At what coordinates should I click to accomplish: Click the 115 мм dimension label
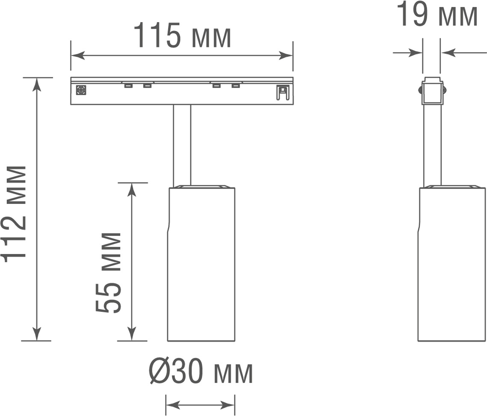click(x=182, y=35)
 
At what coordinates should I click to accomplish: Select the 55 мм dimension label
click(x=108, y=272)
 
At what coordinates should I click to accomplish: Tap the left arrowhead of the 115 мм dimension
click(x=78, y=56)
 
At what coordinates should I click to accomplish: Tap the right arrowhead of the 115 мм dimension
click(x=286, y=56)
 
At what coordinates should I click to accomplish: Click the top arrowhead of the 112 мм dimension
click(x=37, y=85)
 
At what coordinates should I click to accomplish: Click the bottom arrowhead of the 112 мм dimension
click(x=37, y=334)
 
